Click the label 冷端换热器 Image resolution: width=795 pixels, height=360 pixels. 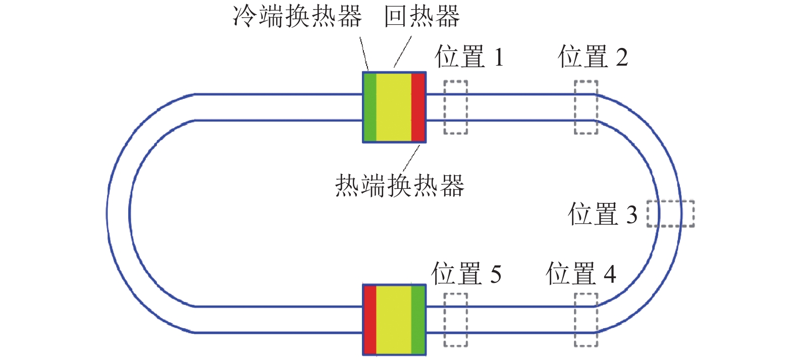[297, 16]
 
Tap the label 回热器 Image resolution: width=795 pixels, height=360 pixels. [422, 16]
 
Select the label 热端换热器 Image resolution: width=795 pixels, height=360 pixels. [399, 186]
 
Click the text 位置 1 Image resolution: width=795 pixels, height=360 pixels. [469, 57]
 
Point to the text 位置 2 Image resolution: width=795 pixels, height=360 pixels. [593, 57]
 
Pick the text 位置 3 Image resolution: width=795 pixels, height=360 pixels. [603, 214]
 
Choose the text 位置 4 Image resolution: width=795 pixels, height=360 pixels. [581, 274]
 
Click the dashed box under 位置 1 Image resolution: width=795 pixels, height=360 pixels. [455, 107]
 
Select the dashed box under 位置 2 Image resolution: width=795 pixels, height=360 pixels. [586, 107]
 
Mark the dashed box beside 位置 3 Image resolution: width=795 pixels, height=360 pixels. [670, 214]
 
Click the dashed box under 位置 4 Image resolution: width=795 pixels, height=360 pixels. [586, 320]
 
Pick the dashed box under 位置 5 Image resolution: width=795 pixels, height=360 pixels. [455, 320]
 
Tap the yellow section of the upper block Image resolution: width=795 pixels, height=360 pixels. [394, 107]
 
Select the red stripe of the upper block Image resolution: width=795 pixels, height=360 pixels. [418, 107]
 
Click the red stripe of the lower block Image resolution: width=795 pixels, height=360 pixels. [370, 320]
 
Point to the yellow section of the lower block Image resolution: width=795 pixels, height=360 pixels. [394, 320]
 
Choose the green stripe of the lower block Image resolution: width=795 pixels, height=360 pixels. [418, 320]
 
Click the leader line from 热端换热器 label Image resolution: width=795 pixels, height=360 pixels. [411, 159]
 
